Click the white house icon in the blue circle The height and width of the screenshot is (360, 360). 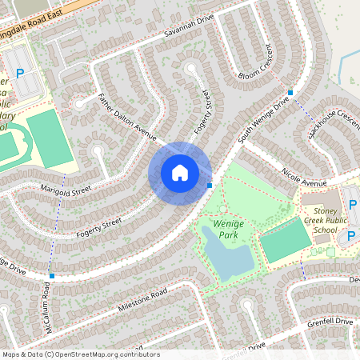point(180,172)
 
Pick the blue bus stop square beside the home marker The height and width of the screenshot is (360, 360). point(210,186)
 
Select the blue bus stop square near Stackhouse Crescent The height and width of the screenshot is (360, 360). point(290,93)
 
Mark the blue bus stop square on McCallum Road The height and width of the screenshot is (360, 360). point(52,276)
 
